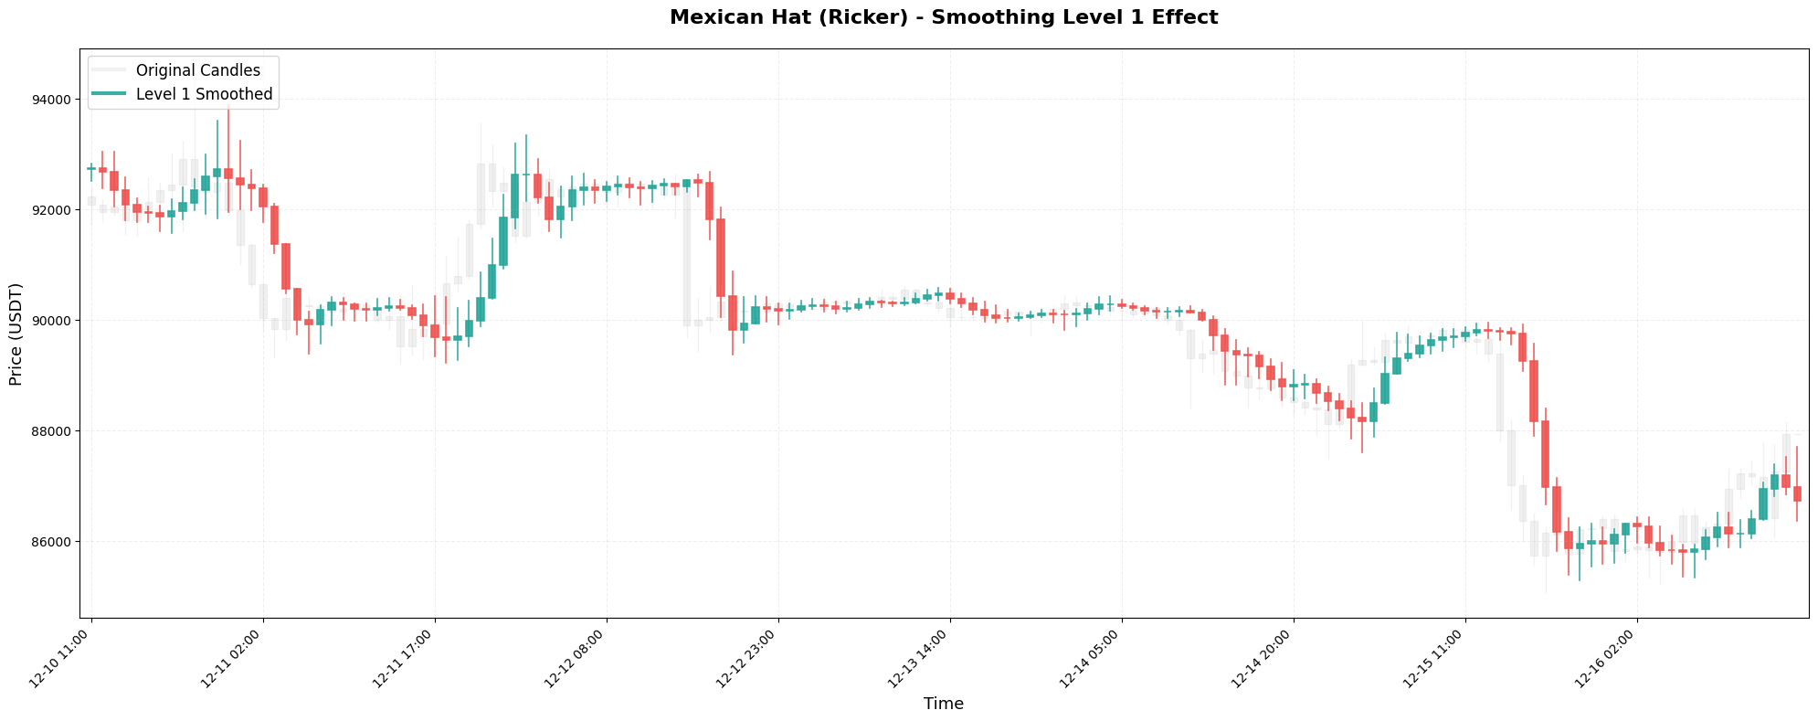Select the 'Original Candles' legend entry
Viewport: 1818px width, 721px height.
click(197, 70)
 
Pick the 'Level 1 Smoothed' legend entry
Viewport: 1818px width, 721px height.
click(204, 94)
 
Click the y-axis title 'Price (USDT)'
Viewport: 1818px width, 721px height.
click(16, 334)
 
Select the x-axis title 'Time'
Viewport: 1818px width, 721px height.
click(944, 704)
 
